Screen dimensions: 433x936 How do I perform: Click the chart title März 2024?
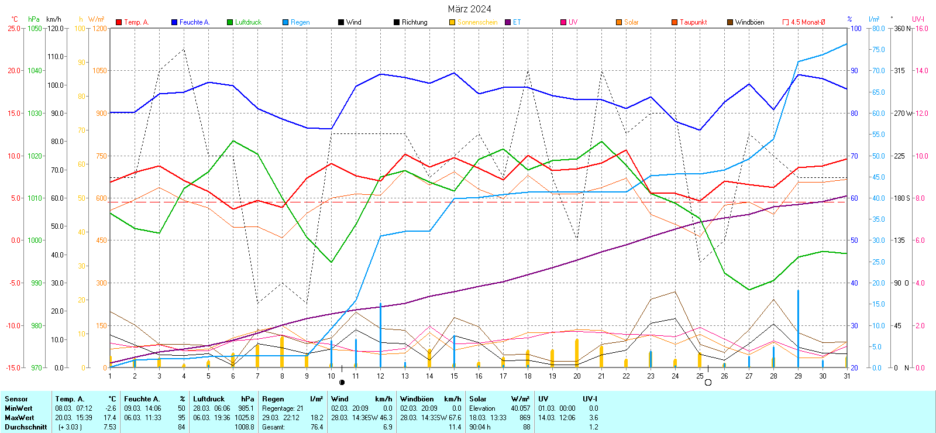(x=469, y=9)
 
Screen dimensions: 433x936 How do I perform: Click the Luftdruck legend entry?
(x=248, y=22)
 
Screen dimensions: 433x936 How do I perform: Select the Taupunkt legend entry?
(x=693, y=22)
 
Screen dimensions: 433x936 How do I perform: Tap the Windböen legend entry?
(x=749, y=22)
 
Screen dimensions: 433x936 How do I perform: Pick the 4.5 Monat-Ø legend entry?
(x=807, y=22)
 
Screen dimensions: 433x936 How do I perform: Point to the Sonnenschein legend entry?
(x=477, y=22)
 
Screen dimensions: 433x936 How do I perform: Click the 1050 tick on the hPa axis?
(x=35, y=28)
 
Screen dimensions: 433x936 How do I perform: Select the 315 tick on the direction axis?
(x=899, y=70)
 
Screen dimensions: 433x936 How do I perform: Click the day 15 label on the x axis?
(x=454, y=376)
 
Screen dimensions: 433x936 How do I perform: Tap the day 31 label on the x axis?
(x=846, y=376)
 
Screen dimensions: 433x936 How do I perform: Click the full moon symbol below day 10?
(x=342, y=383)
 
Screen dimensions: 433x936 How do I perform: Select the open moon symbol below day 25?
(x=708, y=383)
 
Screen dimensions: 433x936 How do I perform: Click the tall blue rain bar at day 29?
(x=798, y=328)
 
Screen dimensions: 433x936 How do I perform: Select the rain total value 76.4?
(x=316, y=427)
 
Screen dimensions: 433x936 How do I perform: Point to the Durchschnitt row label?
(x=26, y=427)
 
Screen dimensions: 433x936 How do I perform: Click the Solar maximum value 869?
(x=524, y=418)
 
